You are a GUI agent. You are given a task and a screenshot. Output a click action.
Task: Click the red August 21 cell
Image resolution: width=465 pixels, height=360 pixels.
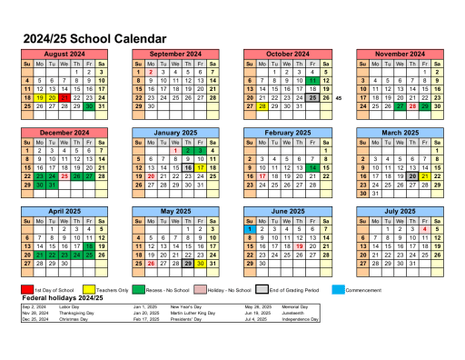pyautogui.click(x=64, y=97)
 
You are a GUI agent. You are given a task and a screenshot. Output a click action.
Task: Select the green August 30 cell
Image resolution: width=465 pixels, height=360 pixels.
pyautogui.click(x=89, y=106)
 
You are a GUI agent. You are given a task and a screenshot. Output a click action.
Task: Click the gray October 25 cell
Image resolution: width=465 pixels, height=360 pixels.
pyautogui.click(x=313, y=97)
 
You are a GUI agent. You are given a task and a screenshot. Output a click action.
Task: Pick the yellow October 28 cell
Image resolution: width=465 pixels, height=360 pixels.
pyautogui.click(x=262, y=106)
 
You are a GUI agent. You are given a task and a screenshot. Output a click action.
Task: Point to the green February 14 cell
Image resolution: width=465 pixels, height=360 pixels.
pyautogui.click(x=313, y=167)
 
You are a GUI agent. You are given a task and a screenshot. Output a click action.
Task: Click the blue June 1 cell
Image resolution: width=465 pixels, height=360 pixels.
pyautogui.click(x=250, y=228)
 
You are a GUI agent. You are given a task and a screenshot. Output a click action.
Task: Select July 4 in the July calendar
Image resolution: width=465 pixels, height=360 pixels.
pyautogui.click(x=425, y=228)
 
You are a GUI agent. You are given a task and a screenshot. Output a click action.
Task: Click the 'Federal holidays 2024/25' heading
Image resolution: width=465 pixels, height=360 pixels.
pyautogui.click(x=64, y=298)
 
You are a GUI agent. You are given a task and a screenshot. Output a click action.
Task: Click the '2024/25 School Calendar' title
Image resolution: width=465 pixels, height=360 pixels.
pyautogui.click(x=94, y=39)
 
